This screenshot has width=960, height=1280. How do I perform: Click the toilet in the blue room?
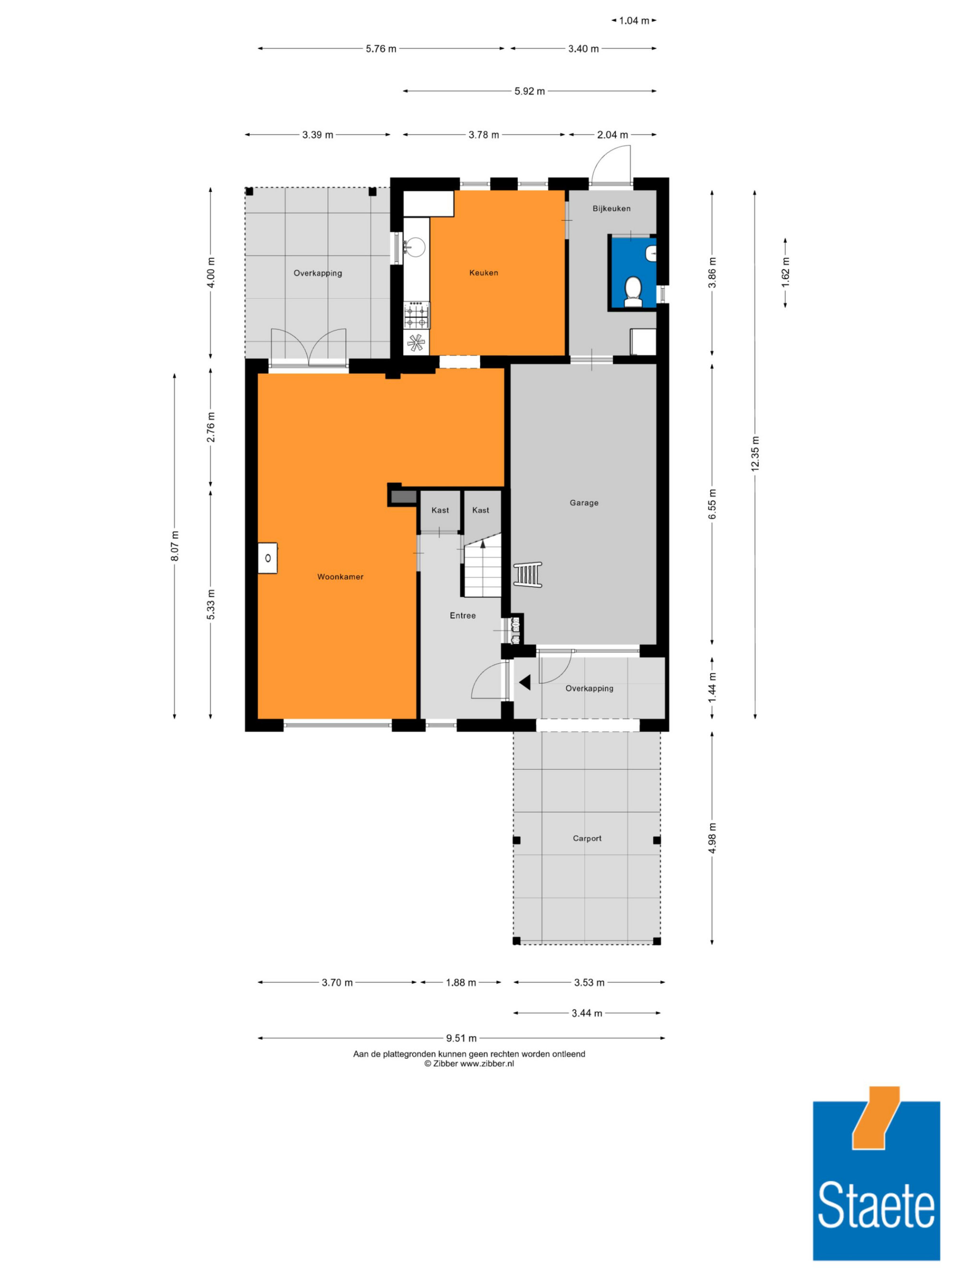pos(633,291)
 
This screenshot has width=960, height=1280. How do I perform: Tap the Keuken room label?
pos(483,273)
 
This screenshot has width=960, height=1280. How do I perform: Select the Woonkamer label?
pos(340,576)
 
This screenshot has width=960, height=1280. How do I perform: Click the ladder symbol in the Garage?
pos(528,574)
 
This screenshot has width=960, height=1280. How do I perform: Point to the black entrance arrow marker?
pos(525,683)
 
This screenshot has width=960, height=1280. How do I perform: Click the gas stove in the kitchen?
pos(417,316)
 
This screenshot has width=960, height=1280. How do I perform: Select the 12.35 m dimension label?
pos(755,454)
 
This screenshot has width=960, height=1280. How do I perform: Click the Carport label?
pos(587,838)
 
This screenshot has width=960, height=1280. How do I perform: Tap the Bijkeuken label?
pos(611,208)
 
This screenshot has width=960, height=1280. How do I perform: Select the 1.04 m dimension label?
pos(634,21)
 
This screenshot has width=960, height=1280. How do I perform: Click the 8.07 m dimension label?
pos(175,545)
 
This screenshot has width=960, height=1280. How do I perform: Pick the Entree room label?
pos(462,615)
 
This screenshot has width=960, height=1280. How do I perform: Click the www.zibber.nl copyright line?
pos(469,1063)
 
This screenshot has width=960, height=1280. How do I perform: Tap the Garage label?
pos(584,503)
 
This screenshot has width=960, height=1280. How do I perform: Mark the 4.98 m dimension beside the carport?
pos(712,838)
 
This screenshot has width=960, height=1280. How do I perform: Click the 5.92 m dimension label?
pos(529,91)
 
